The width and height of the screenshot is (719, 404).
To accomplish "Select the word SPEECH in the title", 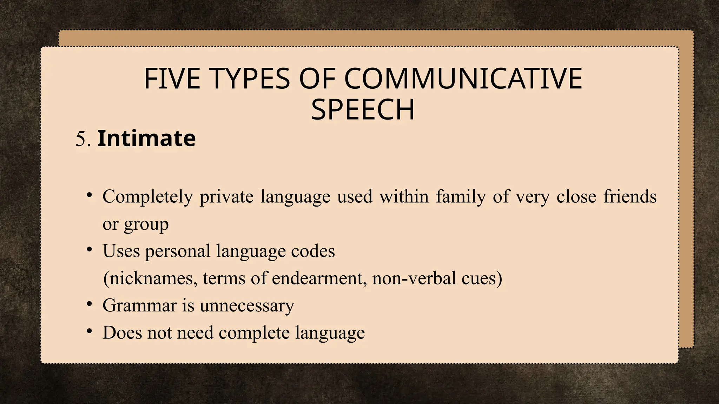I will tap(363, 110).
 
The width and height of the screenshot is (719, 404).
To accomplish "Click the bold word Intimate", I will tap(146, 139).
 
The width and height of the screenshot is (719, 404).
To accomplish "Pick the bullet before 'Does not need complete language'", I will tap(90, 331).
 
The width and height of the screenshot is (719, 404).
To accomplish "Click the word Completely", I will tap(147, 197).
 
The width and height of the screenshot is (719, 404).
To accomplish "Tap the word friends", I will tap(630, 197).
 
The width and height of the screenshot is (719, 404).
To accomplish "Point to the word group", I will tap(146, 225).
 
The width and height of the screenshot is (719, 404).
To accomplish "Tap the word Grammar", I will tap(139, 305).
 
